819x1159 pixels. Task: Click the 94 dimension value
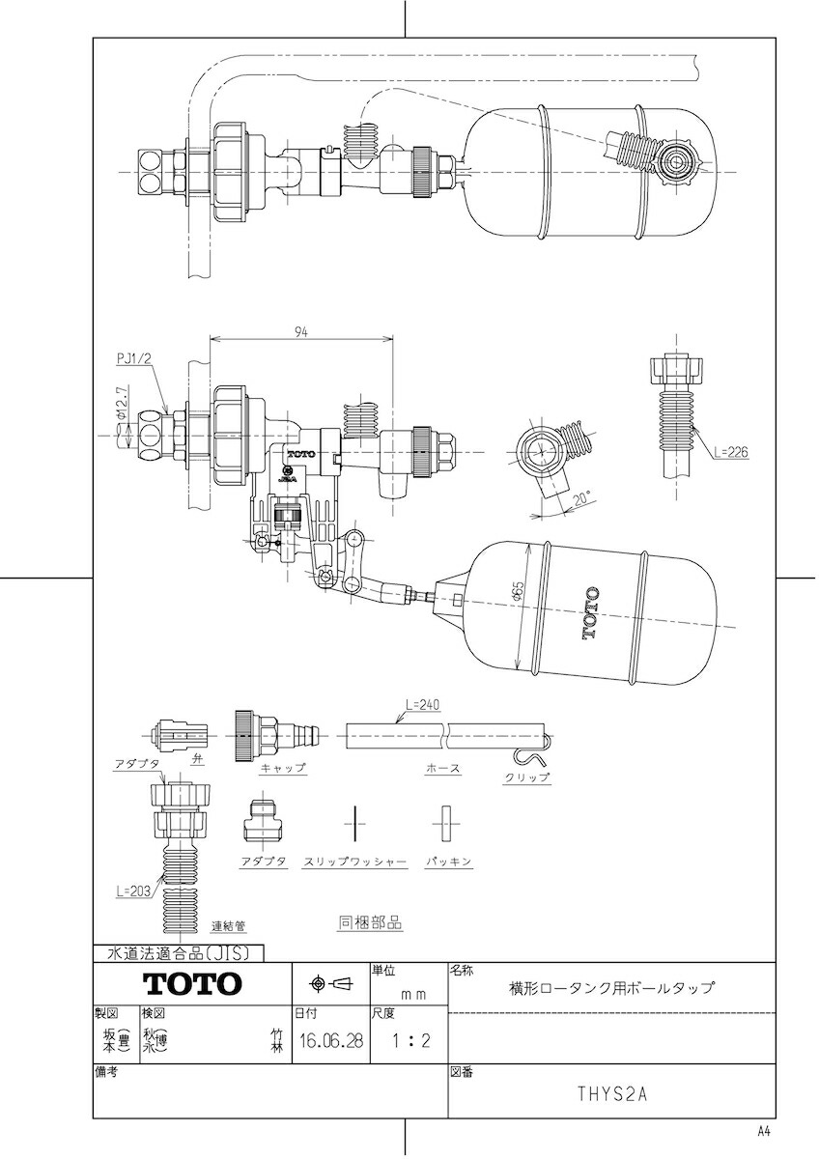[301, 332]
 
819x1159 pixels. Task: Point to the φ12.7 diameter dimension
[121, 402]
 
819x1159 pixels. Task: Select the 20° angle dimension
[582, 499]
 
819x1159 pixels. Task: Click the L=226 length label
[730, 452]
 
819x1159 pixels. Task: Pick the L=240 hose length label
[423, 704]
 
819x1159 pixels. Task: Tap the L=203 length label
[133, 890]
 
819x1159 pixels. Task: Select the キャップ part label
[282, 768]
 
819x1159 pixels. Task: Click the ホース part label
[442, 768]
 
